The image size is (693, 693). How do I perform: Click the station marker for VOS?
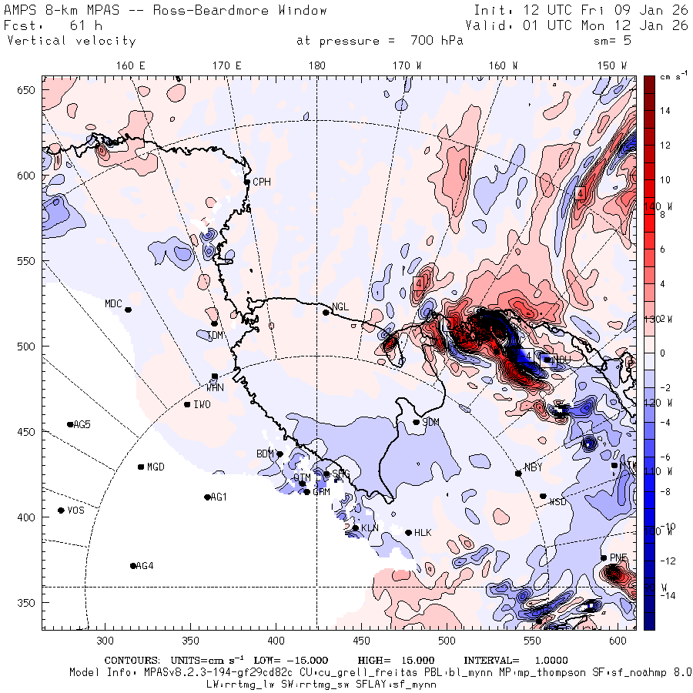pos(62,511)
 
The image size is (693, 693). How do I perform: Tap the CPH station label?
pos(262,182)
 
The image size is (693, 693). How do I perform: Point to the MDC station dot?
pos(128,310)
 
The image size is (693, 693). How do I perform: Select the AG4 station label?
pos(144,566)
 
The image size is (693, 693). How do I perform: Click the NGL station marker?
pos(326,312)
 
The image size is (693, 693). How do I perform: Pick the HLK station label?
pos(423,533)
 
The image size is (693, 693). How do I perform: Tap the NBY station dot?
pos(518,473)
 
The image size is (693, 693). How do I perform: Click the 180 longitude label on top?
pos(316,66)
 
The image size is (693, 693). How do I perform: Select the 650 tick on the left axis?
pos(28,91)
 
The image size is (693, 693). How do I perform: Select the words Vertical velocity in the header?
pos(71,41)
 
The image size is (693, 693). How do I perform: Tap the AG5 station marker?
pos(70,424)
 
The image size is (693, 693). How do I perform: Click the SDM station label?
pos(431,423)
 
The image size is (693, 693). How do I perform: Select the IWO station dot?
pos(187,404)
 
